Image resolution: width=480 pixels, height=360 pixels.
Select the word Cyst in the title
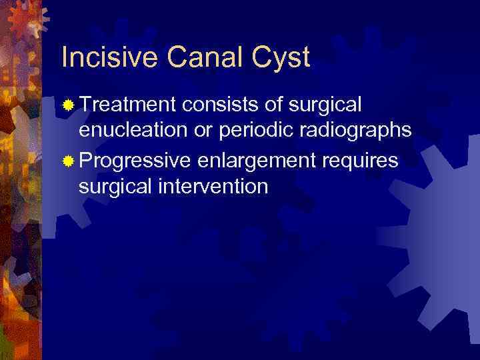click(x=285, y=58)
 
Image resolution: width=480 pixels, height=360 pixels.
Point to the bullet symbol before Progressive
click(x=67, y=161)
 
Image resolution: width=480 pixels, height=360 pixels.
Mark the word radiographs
click(x=359, y=132)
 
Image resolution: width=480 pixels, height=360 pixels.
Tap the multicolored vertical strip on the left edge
click(x=20, y=200)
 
